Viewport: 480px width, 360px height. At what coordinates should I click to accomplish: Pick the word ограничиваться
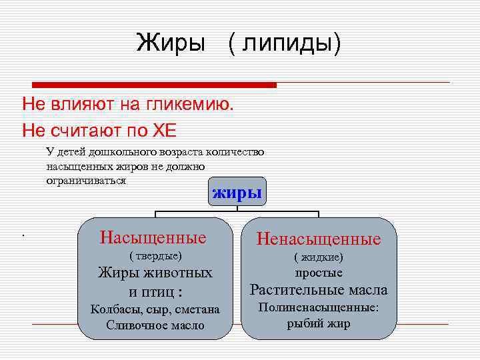point(86,181)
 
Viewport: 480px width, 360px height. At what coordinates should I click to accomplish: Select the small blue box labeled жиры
point(237,193)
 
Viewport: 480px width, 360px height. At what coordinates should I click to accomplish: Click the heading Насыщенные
point(153,237)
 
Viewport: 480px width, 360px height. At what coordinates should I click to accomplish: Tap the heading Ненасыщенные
point(318,239)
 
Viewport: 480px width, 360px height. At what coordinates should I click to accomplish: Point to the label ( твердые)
point(155,255)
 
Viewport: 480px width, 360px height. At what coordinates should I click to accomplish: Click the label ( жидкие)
point(319,257)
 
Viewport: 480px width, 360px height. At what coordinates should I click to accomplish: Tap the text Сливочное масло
point(155,325)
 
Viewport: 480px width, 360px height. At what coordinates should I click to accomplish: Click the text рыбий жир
point(319,324)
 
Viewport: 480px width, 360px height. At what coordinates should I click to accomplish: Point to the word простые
point(319,273)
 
